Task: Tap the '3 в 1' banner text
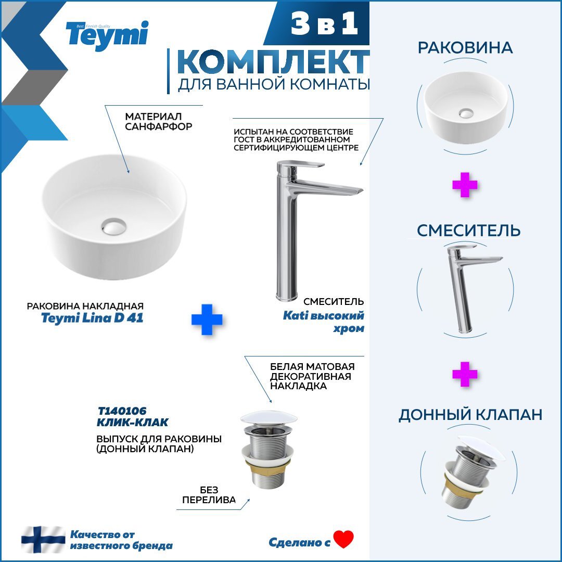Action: (x=324, y=23)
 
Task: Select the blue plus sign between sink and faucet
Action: (x=207, y=320)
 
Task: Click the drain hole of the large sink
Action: (x=113, y=226)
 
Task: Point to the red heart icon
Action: (x=343, y=539)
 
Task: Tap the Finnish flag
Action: (x=43, y=540)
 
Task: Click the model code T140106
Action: (x=122, y=411)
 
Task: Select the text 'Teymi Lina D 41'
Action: (x=92, y=318)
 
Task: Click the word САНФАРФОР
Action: (x=158, y=126)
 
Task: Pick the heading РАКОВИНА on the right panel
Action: (x=465, y=48)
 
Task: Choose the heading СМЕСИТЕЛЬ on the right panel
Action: (x=468, y=231)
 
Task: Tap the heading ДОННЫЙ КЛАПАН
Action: (x=470, y=415)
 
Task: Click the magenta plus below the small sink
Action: (x=465, y=185)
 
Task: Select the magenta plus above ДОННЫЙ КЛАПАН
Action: (x=465, y=374)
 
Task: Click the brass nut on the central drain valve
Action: (x=268, y=466)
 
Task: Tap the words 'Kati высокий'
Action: (x=323, y=315)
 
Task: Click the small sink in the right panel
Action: (x=466, y=107)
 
